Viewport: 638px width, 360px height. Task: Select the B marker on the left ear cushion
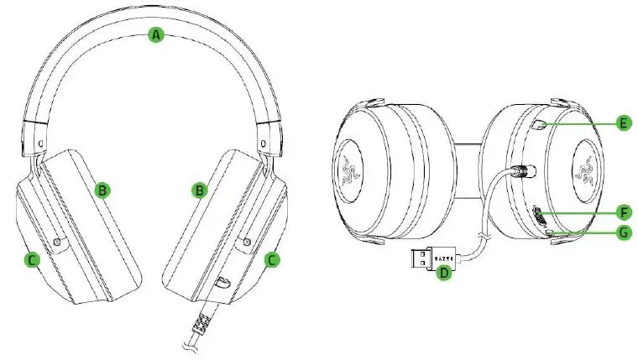click(102, 190)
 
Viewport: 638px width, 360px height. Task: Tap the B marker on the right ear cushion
click(199, 190)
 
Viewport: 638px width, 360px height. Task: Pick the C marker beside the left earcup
click(30, 260)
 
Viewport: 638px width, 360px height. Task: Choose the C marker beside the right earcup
click(271, 260)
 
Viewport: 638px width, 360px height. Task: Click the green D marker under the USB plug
click(446, 273)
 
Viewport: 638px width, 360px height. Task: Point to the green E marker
click(622, 123)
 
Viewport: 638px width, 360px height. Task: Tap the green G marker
click(622, 232)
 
